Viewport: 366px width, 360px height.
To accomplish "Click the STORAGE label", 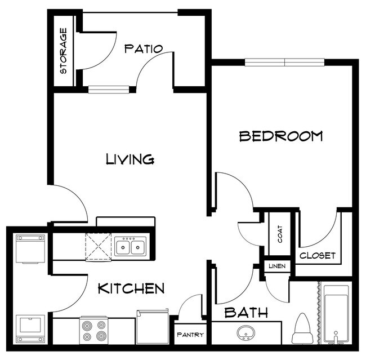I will click(x=64, y=51).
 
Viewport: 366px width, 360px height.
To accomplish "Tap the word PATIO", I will click(x=144, y=48).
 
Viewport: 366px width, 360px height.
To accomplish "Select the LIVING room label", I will click(x=130, y=159).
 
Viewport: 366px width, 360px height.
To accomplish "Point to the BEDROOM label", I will click(x=281, y=136).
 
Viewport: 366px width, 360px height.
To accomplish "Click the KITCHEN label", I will click(x=131, y=289).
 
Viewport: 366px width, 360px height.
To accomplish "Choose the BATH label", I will click(x=246, y=313).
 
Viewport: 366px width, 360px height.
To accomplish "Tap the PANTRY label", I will click(x=190, y=335).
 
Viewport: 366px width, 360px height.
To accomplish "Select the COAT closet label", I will click(x=280, y=234).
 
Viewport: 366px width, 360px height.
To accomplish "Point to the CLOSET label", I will click(x=318, y=256).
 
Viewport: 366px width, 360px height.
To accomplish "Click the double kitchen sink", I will click(x=131, y=247).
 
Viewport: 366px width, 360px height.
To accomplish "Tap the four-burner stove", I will click(x=93, y=331).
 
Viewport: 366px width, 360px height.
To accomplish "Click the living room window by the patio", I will click(x=109, y=88).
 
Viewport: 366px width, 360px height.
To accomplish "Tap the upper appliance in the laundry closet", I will click(x=30, y=249).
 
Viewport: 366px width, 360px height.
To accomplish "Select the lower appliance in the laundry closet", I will click(x=30, y=328).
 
